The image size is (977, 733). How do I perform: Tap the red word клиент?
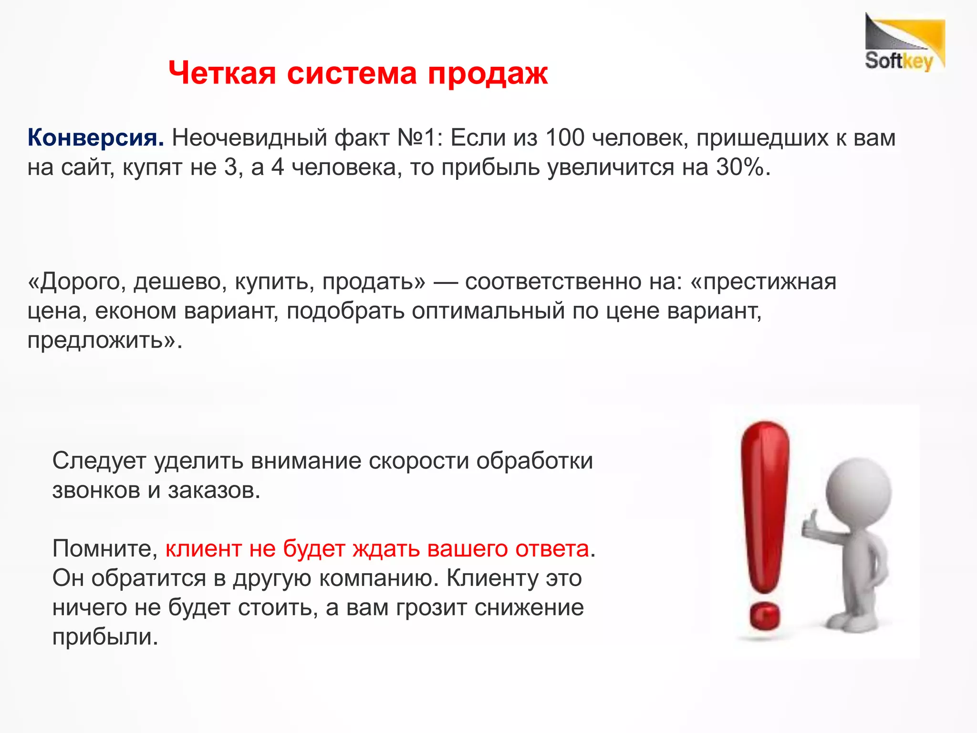point(203,549)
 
